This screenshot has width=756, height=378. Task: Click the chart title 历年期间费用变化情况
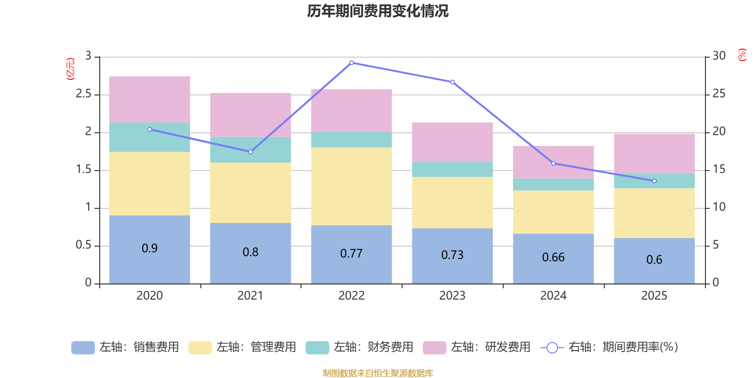(x=378, y=11)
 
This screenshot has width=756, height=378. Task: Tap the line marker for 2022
(x=352, y=62)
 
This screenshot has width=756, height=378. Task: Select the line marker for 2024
(x=553, y=163)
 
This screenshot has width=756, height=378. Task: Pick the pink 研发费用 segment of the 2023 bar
(x=453, y=142)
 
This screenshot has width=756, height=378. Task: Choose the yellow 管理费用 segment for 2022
(x=352, y=186)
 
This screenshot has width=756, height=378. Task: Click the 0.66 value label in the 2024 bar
(x=553, y=257)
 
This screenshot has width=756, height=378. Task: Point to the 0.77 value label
(x=352, y=254)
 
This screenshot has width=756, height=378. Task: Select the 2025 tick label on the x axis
(x=654, y=295)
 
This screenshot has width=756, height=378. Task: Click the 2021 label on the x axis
(x=250, y=295)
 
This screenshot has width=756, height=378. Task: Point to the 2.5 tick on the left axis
(x=84, y=94)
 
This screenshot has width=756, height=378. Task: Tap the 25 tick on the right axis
(x=719, y=94)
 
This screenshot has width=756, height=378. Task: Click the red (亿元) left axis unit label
(x=70, y=69)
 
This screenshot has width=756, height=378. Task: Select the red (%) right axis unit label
(x=742, y=55)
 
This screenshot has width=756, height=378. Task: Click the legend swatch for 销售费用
(x=83, y=347)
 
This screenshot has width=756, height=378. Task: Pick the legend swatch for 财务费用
(x=317, y=347)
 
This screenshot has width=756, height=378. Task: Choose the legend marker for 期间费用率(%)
(x=552, y=347)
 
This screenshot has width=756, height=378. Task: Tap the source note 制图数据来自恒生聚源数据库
(x=378, y=373)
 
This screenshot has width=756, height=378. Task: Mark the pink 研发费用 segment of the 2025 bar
(x=654, y=153)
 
